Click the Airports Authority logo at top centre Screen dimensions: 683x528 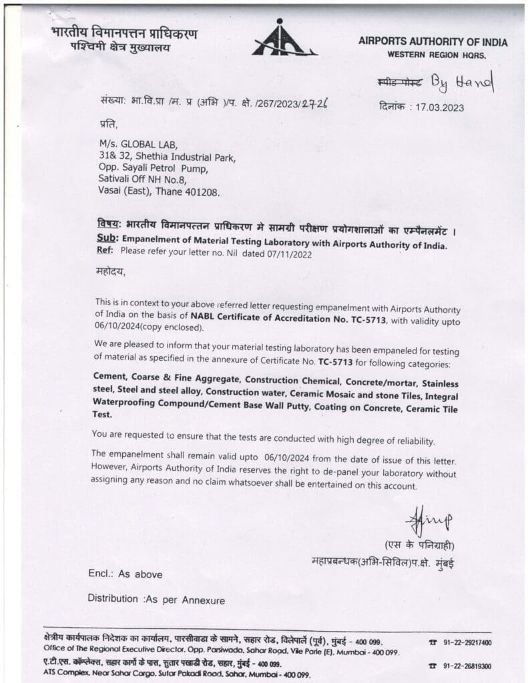click(x=283, y=39)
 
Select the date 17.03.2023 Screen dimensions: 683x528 click(x=438, y=107)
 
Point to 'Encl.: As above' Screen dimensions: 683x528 click(x=125, y=574)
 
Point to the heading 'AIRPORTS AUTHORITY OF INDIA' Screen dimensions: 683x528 click(x=433, y=42)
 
